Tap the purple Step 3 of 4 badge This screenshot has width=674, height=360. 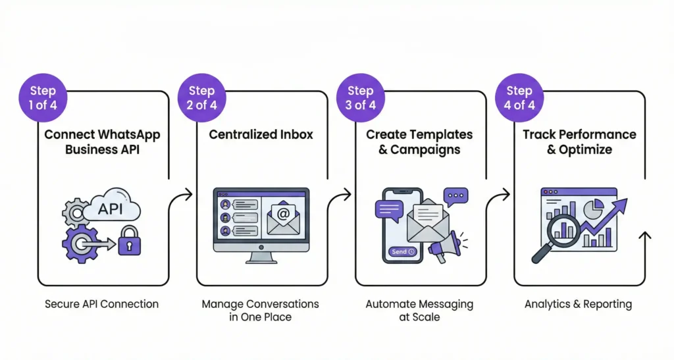360,98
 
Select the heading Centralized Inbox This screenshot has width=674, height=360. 261,134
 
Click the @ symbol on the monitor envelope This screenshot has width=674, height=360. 284,214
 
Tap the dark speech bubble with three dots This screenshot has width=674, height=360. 455,195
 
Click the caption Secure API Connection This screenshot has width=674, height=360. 102,304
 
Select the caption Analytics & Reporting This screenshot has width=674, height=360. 578,304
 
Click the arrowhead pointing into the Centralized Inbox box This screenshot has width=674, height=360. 188,194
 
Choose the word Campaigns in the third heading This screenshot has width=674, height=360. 428,149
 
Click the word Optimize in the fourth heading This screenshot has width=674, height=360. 587,149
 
